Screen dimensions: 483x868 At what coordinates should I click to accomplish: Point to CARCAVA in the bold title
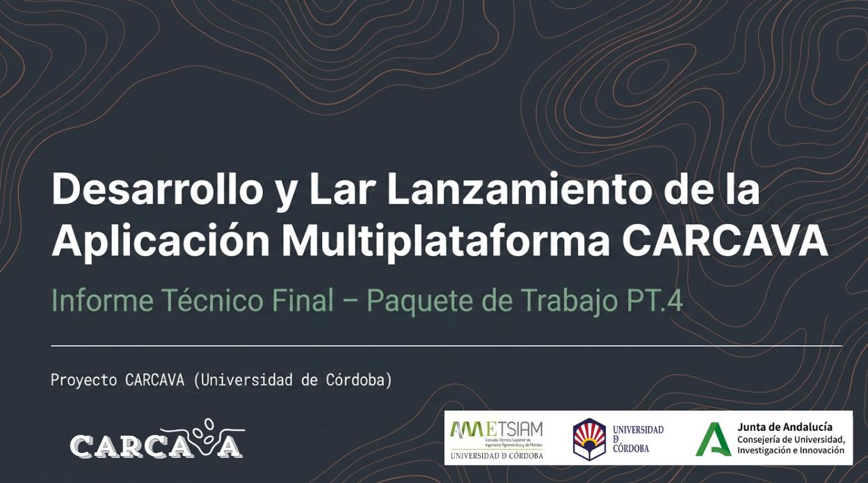coord(724,240)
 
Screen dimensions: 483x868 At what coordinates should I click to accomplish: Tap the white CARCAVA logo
coord(157,440)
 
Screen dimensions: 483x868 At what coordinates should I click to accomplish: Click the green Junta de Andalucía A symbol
coord(714,439)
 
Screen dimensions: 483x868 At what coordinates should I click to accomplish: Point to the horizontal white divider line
coord(445,345)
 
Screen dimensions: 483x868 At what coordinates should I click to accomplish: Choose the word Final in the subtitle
coord(303,301)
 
